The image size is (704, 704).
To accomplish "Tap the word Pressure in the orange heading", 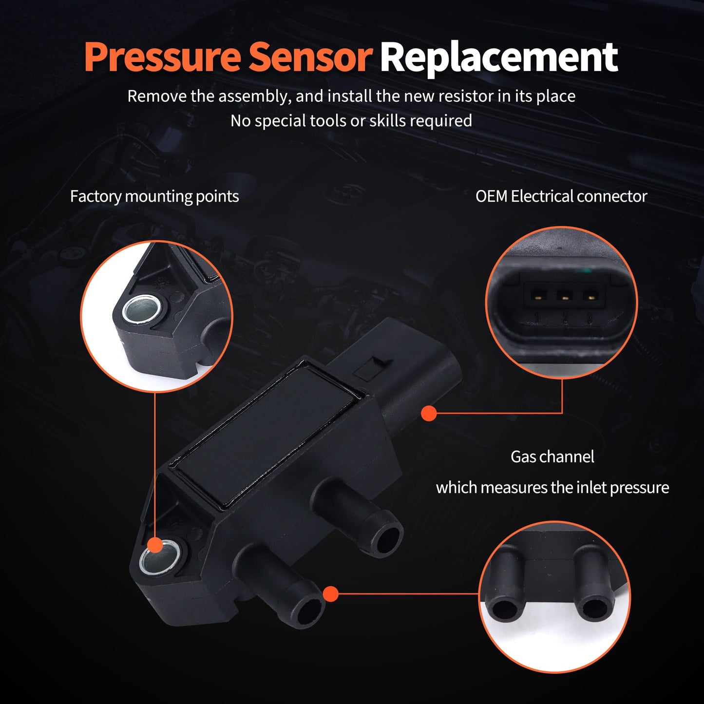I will point(162,57).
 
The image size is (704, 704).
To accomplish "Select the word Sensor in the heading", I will point(310,57).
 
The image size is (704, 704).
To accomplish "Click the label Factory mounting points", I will point(154,196).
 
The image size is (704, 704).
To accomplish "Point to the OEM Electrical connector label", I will point(561,196).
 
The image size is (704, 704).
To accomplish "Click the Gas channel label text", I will point(552,457).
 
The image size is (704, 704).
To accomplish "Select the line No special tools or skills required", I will point(351,120).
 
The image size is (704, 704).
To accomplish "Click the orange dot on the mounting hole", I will point(155,545).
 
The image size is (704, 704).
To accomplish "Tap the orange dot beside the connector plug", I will point(429,414).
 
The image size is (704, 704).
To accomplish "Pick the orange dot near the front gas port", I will point(331,594).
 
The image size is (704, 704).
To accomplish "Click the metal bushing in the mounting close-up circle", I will point(138,310).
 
